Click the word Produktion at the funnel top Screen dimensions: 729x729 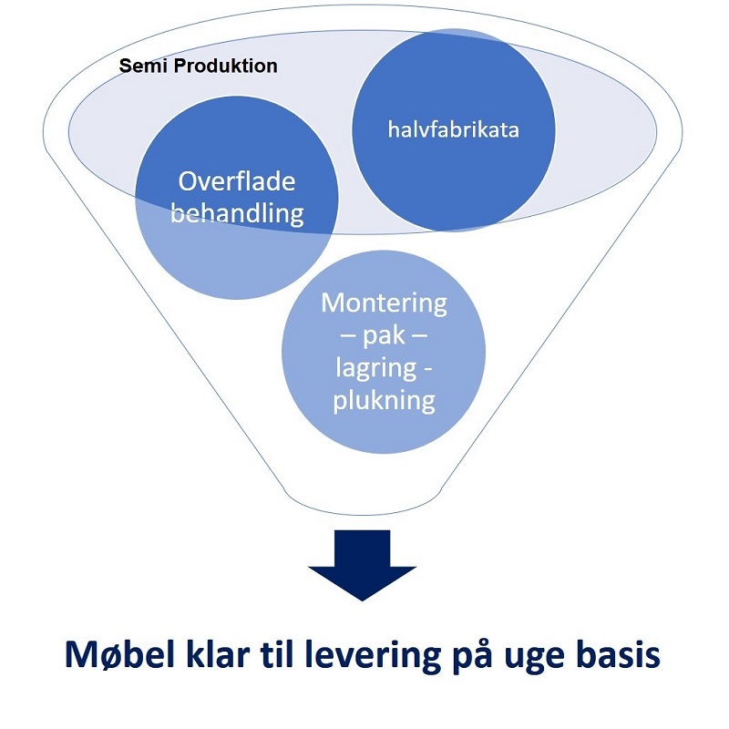[x=225, y=66]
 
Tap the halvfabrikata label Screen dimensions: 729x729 [x=453, y=129]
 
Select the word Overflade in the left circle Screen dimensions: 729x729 [x=237, y=180]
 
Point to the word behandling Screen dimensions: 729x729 [x=237, y=214]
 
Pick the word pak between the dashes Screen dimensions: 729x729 [x=384, y=336]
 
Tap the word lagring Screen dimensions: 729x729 [x=376, y=368]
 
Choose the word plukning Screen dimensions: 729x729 [x=384, y=400]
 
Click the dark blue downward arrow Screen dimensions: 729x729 [x=362, y=565]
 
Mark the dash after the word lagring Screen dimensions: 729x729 [x=427, y=369]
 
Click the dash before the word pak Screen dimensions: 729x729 [x=349, y=334]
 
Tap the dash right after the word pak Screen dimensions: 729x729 [x=419, y=334]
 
